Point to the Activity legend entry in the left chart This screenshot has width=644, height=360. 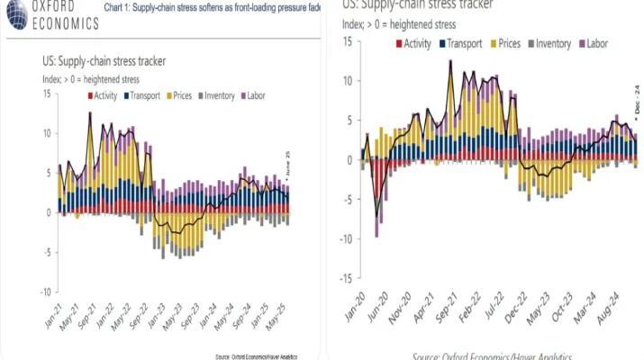click(x=104, y=95)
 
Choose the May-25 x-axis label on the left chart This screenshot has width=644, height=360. click(x=281, y=317)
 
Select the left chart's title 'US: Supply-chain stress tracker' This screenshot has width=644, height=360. click(x=109, y=63)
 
